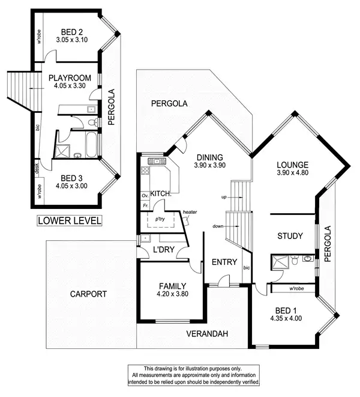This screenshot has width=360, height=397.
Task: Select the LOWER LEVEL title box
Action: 70,220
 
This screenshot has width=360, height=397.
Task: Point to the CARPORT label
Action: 88,294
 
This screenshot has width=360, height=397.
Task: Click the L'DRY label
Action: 164,249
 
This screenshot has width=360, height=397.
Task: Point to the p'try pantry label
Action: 160,220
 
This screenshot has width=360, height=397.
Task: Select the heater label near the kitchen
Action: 190,211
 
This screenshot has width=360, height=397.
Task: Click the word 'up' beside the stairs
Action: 224,197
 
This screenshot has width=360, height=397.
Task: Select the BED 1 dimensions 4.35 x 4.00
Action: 286,319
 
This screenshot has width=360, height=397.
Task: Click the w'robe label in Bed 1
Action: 295,289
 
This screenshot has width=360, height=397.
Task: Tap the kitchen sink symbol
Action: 156,161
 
